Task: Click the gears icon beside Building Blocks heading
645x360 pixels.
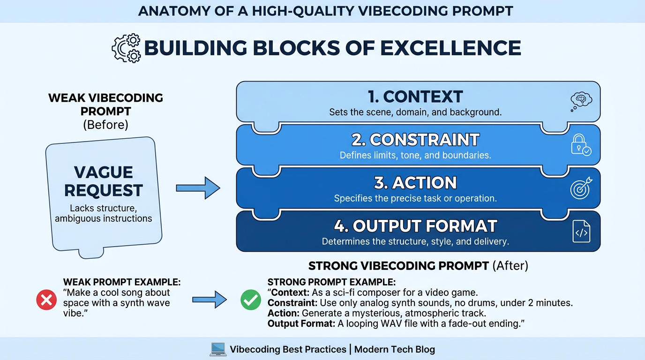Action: pos(126,48)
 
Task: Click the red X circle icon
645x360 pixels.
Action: pos(46,300)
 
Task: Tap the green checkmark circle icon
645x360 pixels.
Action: pos(251,300)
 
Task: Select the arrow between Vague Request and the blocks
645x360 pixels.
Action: pos(198,188)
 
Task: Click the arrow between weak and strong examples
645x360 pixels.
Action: pos(210,299)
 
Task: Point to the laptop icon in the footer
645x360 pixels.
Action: pos(217,349)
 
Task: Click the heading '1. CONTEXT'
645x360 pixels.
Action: pos(415,97)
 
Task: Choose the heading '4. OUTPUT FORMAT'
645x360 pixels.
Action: pos(415,226)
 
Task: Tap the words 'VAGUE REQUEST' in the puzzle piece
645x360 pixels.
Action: pos(104,181)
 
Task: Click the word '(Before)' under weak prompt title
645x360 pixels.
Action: pos(105,125)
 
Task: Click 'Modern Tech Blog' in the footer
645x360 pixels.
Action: pos(394,349)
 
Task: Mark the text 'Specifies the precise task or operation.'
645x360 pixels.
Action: pos(415,198)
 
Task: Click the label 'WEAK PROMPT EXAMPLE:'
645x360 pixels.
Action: pos(122,283)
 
